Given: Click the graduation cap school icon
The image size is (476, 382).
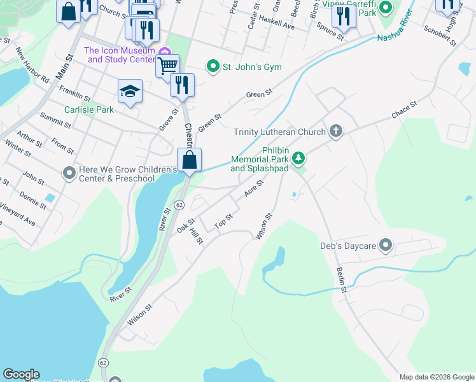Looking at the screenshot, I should coord(130,91).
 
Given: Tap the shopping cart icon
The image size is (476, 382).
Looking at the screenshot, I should coord(167,66).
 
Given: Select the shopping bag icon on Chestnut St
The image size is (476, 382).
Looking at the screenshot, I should coord(190,159).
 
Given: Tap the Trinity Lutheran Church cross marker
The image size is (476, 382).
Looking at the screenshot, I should coord(336,132).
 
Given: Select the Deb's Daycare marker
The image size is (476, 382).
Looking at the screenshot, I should coord(385,245).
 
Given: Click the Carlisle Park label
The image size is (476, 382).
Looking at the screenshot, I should coord(89,110).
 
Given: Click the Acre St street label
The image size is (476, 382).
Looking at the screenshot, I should coord(254,188).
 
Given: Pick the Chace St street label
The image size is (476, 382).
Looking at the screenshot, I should coord(404,109).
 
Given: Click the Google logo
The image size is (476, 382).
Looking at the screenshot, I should coord(21,374).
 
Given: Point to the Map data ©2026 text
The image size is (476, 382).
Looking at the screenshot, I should coord(436,376).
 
